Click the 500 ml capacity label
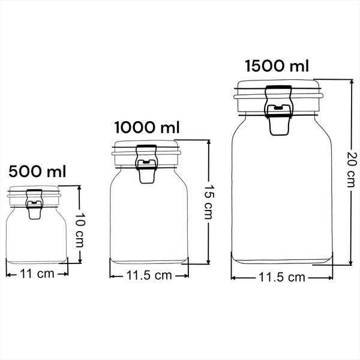tap(37, 172)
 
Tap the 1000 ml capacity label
tap(147, 127)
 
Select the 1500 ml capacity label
tap(277, 66)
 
